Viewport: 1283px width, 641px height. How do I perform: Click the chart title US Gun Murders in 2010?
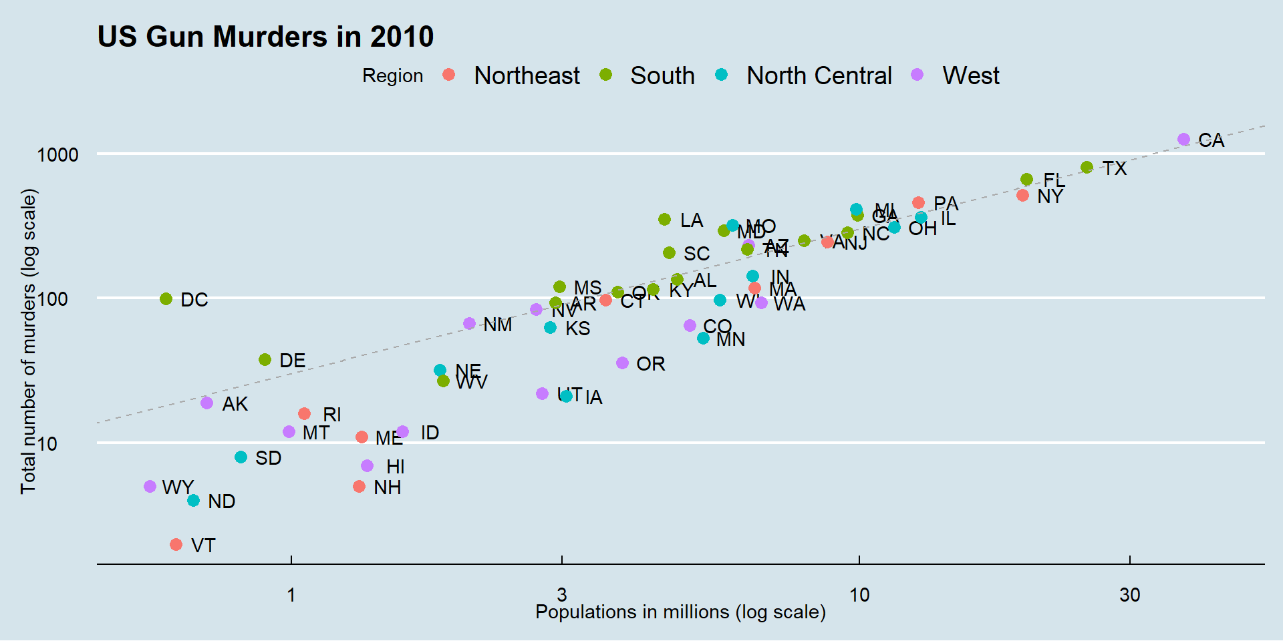point(265,37)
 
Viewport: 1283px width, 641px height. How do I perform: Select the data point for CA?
point(1183,140)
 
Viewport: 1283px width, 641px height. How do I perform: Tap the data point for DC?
point(166,299)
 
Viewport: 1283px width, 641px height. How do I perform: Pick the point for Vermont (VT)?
point(176,545)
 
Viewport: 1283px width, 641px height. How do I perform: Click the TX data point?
point(1087,168)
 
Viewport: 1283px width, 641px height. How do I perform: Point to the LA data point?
point(664,220)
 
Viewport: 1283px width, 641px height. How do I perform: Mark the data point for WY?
point(150,487)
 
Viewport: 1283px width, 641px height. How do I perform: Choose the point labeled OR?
point(622,363)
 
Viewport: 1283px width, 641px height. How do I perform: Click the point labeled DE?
point(265,360)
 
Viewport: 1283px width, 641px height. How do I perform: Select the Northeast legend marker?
point(449,75)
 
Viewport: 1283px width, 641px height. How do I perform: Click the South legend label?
point(662,75)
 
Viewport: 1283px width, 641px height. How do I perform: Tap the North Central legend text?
point(819,75)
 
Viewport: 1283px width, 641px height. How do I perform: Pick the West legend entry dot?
point(917,75)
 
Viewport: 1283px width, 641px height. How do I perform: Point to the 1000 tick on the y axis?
point(58,155)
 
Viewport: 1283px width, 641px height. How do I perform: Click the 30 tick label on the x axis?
point(1129,594)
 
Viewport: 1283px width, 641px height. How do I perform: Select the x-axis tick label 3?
point(561,594)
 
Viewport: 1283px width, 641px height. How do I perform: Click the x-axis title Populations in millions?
point(680,612)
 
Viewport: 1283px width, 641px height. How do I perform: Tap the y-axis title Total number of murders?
point(28,341)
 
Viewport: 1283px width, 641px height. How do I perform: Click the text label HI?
point(396,467)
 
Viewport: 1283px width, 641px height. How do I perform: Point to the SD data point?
point(241,457)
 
